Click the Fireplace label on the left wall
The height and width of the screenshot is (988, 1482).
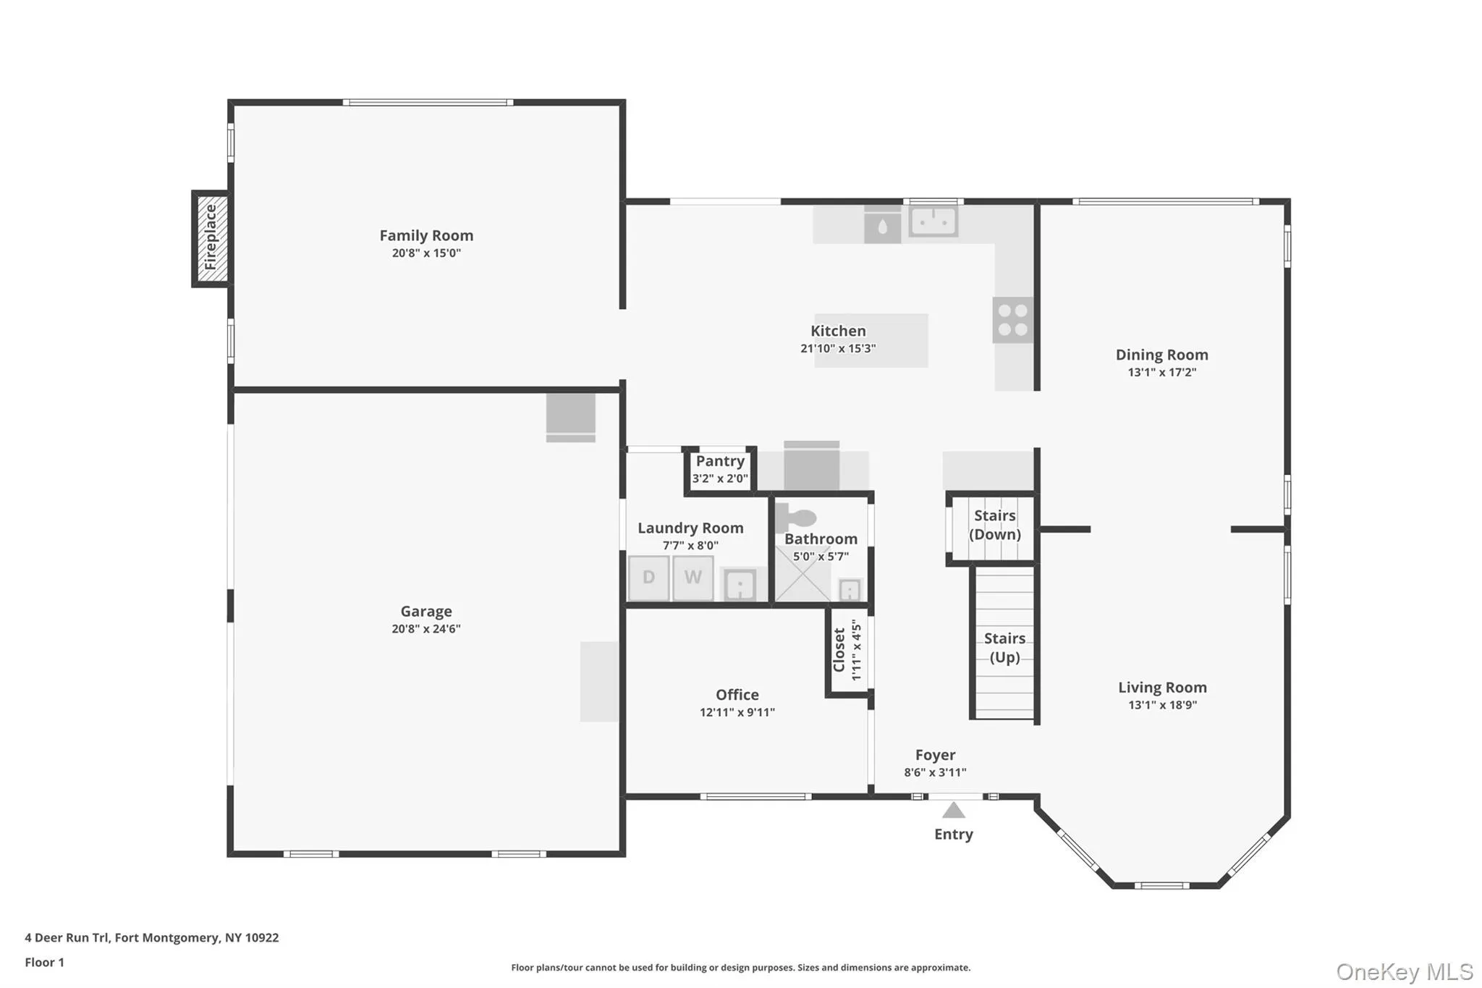coord(211,237)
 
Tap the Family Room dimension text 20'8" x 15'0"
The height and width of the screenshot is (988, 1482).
coord(426,253)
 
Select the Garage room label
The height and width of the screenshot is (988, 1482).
coord(426,612)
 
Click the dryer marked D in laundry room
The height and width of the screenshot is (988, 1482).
coord(648,578)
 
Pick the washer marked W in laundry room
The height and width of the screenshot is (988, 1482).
coord(693,578)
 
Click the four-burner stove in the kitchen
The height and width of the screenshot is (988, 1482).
coord(1012,320)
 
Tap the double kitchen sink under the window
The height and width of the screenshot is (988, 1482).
coord(933,221)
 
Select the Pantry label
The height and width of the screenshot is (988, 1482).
coord(720,462)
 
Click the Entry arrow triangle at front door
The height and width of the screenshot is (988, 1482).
coord(954,811)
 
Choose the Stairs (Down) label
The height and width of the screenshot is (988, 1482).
coord(995,525)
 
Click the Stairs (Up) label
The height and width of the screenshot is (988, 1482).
coord(1004,648)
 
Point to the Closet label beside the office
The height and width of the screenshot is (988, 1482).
coord(839,650)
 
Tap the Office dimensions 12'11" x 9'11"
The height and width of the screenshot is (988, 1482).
coord(737,713)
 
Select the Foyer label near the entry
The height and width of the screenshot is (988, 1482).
coord(935,756)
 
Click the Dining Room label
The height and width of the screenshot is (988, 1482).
coord(1161,355)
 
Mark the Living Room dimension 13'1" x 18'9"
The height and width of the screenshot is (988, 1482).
coord(1162,705)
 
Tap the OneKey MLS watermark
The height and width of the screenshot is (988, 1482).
coord(1404,971)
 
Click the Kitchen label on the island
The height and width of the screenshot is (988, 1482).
coord(838,332)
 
